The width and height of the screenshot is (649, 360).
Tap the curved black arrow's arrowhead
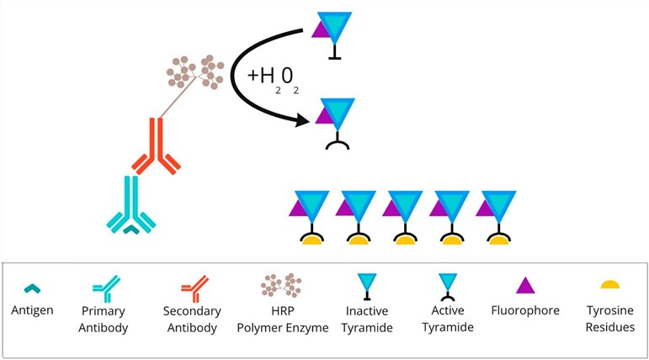pos(303,123)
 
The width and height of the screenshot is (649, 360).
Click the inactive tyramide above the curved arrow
pos(334,34)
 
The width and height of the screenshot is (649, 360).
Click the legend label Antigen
pos(33,311)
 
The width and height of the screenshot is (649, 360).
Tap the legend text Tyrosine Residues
pos(609,319)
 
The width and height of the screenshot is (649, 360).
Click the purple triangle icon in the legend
pos(524,285)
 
